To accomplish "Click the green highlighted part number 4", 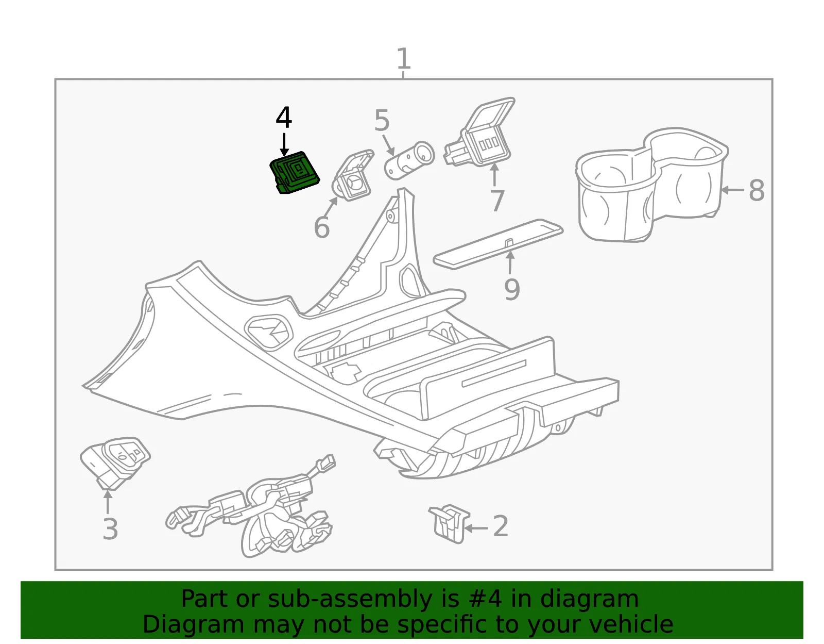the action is (x=295, y=173).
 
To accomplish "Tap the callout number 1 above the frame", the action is (x=403, y=58).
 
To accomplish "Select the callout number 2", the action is (x=501, y=526).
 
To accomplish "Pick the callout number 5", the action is (x=382, y=120).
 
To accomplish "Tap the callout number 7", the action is (x=497, y=201).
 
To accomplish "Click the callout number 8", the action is (x=757, y=190).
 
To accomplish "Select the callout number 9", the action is (x=512, y=289).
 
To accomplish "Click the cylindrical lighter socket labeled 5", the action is (x=409, y=160).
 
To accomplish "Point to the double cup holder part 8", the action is (x=651, y=185).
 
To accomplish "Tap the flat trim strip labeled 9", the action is (x=498, y=244).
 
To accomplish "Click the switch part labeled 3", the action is (x=115, y=462).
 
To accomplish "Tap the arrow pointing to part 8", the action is (x=732, y=190).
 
